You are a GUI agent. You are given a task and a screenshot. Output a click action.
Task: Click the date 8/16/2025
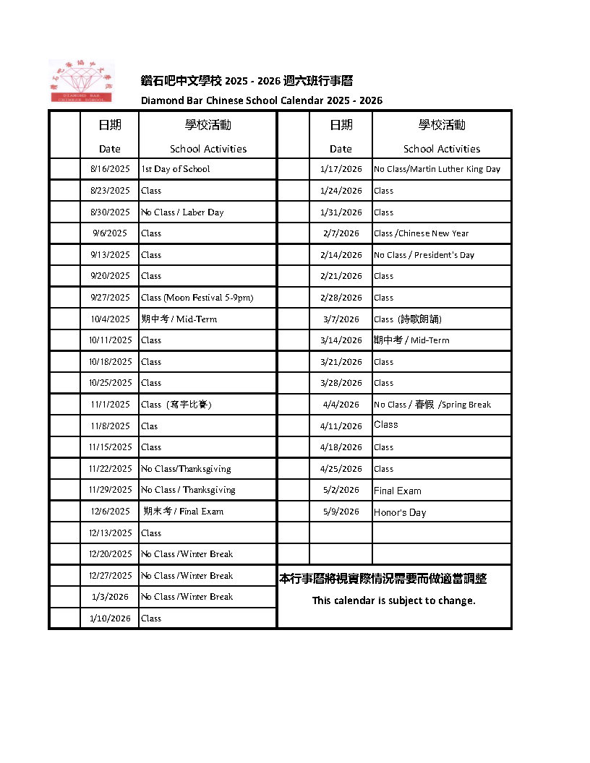(x=110, y=169)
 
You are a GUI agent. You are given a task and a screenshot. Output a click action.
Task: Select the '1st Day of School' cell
(x=176, y=169)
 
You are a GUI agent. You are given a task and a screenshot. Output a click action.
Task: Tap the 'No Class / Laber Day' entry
(x=182, y=212)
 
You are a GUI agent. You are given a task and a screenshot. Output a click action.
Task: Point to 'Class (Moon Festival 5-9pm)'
(x=197, y=298)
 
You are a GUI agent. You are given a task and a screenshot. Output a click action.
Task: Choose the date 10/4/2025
(x=110, y=319)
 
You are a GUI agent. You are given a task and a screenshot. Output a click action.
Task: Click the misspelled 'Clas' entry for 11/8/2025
(x=150, y=426)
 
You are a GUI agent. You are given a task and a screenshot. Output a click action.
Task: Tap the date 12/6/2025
(x=111, y=512)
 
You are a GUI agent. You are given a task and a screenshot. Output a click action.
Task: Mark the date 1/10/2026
(x=110, y=618)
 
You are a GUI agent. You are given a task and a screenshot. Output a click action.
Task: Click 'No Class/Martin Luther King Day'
(x=437, y=169)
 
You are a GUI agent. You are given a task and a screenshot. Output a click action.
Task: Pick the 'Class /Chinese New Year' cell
(x=421, y=233)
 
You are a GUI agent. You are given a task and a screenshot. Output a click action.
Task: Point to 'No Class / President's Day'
(x=424, y=255)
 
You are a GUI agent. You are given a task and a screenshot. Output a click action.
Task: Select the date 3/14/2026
(x=341, y=340)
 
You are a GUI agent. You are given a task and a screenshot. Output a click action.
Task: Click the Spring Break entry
(x=432, y=405)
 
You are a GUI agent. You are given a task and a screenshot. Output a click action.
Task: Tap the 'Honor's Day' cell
(x=400, y=513)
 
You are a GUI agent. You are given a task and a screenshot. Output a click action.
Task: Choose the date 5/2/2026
(x=341, y=490)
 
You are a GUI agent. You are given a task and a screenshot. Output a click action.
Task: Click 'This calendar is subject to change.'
(x=393, y=600)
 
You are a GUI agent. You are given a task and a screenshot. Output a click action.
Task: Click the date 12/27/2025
(x=111, y=576)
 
